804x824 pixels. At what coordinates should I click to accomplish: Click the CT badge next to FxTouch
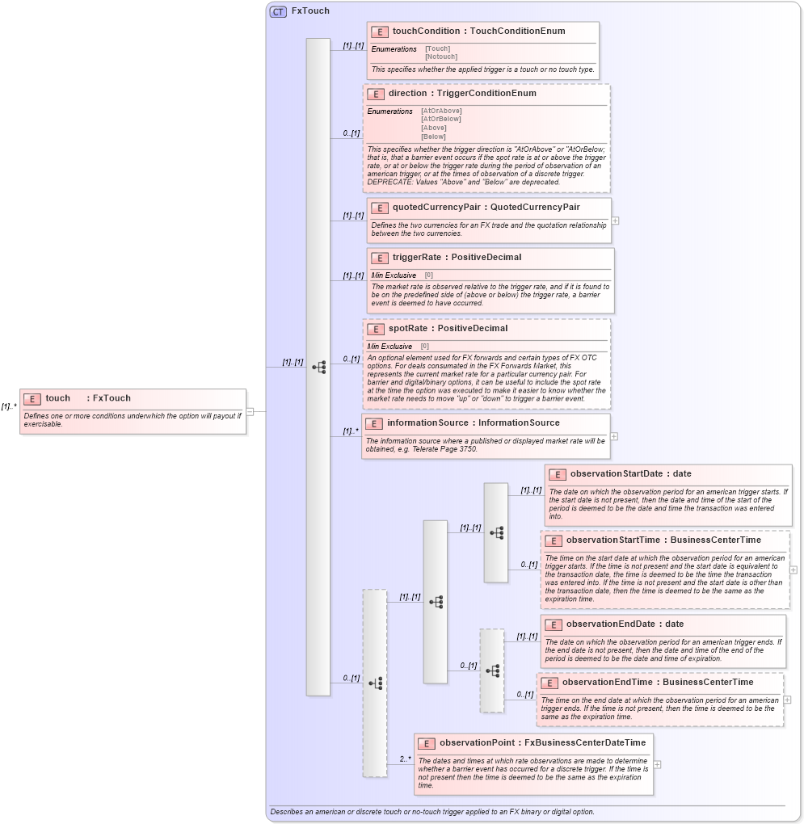(x=278, y=12)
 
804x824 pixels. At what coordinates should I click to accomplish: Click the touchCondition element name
(x=427, y=32)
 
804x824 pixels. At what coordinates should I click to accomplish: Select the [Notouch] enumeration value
(x=441, y=57)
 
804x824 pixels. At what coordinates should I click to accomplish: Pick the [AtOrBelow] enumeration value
(x=440, y=120)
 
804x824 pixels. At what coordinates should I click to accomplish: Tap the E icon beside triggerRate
(x=380, y=258)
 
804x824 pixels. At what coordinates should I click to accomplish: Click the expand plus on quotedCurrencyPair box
(x=616, y=220)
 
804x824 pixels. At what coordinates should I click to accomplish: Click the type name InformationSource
(x=519, y=423)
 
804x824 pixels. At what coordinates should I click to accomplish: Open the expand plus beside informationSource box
(x=614, y=436)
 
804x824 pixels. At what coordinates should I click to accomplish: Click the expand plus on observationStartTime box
(x=793, y=570)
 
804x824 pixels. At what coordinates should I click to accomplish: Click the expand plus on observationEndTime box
(x=787, y=700)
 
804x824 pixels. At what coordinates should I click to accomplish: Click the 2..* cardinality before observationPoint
(x=405, y=759)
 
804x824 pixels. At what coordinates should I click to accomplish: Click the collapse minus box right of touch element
(x=250, y=411)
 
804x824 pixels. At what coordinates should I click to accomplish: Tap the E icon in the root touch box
(x=32, y=398)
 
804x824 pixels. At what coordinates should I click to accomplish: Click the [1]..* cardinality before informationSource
(x=350, y=431)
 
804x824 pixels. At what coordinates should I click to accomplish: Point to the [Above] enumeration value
(x=433, y=128)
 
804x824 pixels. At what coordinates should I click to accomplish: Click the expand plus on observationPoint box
(x=657, y=764)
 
